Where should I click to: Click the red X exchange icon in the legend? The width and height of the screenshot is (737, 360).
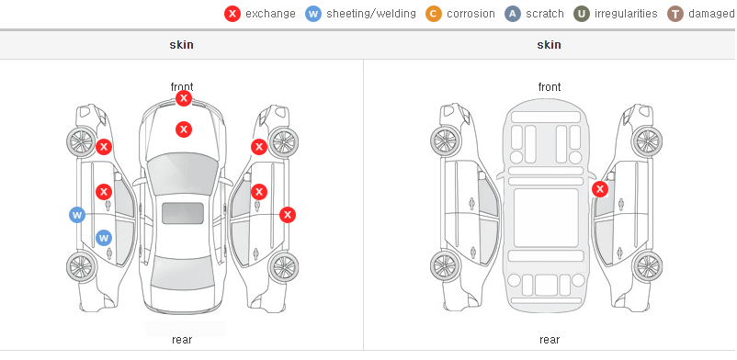232,14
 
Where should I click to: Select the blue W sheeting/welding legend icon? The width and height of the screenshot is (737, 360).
313,14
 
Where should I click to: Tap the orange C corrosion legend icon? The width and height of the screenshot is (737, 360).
434,14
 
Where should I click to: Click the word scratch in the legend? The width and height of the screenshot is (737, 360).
545,14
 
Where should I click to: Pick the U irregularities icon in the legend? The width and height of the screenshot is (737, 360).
582,14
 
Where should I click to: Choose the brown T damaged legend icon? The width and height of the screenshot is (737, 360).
675,14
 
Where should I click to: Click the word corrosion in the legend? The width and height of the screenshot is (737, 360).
471,14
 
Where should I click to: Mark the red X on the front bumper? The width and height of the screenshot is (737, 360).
184,98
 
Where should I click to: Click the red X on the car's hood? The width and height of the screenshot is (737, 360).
184,129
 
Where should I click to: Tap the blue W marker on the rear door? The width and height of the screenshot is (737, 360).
104,237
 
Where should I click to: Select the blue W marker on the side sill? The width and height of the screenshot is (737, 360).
77,215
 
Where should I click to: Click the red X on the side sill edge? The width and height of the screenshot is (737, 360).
288,215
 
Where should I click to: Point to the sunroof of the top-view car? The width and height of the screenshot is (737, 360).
183,213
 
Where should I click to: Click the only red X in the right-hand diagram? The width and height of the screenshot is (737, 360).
600,189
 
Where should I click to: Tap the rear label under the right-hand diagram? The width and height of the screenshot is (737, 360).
550,340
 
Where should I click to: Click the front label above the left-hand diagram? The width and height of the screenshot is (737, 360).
182,87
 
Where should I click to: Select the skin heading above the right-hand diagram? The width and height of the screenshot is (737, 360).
549,45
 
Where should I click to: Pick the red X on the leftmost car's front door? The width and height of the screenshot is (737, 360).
104,192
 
